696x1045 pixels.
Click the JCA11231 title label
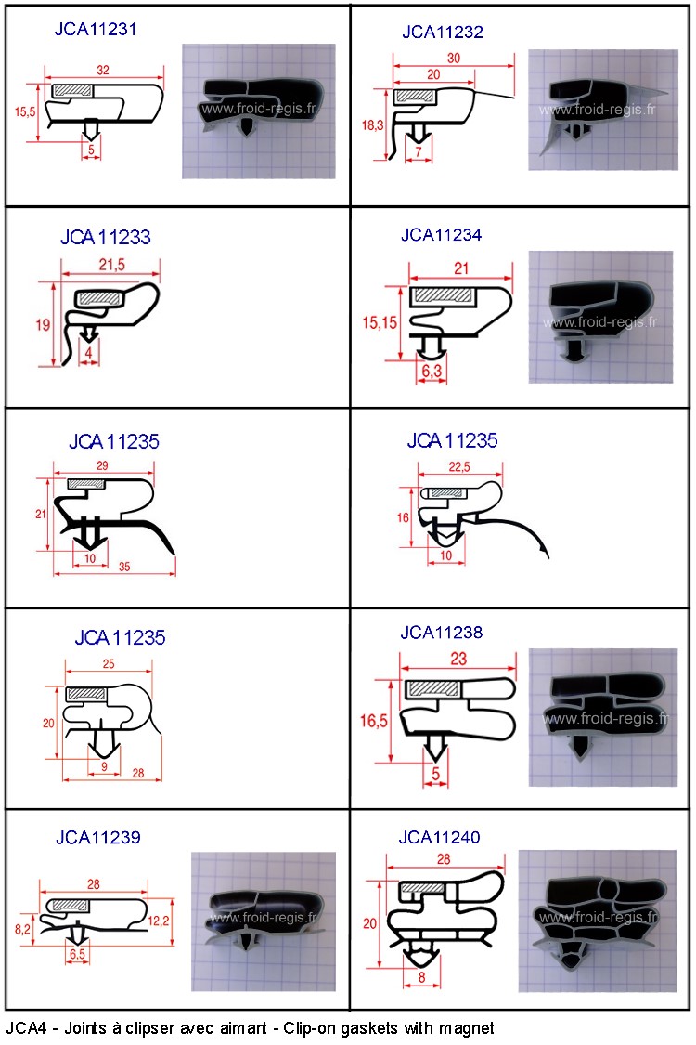(x=96, y=29)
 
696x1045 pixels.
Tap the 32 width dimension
(x=103, y=70)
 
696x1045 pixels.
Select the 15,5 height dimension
(x=25, y=112)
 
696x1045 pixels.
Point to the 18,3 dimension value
(x=372, y=124)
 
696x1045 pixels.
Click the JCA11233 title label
(x=105, y=237)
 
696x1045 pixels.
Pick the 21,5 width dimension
(x=112, y=265)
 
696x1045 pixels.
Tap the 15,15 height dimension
(x=379, y=323)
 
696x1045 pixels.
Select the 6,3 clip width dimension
(x=432, y=371)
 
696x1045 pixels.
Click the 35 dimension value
(x=124, y=567)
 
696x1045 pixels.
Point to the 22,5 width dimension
(x=459, y=466)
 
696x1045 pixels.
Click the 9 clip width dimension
(x=104, y=767)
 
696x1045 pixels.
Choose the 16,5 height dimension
(x=374, y=721)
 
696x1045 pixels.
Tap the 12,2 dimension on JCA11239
(x=159, y=921)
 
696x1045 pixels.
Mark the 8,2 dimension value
(x=22, y=928)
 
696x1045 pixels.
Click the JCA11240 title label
(x=439, y=837)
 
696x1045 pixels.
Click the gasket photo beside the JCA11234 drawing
(x=600, y=318)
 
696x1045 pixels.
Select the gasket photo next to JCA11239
(x=263, y=921)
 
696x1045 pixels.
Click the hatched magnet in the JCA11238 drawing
(x=433, y=688)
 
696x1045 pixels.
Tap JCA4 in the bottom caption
(x=27, y=1028)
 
